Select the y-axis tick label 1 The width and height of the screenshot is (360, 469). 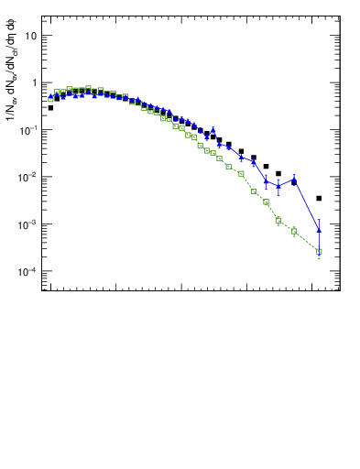[x=34, y=82]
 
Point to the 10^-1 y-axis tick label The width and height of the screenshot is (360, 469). [x=28, y=130]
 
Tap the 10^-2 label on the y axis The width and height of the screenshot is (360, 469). [x=28, y=177]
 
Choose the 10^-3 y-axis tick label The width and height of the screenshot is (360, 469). [x=28, y=224]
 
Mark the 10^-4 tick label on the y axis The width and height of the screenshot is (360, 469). [x=28, y=272]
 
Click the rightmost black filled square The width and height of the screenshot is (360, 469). [x=319, y=198]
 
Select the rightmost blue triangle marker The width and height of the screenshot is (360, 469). [x=319, y=229]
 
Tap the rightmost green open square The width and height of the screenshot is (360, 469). [x=319, y=251]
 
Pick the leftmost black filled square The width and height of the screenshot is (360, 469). [x=50, y=108]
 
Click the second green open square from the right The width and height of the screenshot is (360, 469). [x=294, y=231]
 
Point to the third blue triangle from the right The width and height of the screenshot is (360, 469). [x=278, y=186]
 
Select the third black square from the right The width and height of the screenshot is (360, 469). [x=278, y=173]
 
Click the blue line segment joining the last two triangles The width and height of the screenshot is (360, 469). [x=307, y=205]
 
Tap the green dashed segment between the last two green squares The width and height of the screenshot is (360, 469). [x=307, y=241]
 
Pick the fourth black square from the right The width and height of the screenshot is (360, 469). [x=266, y=167]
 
